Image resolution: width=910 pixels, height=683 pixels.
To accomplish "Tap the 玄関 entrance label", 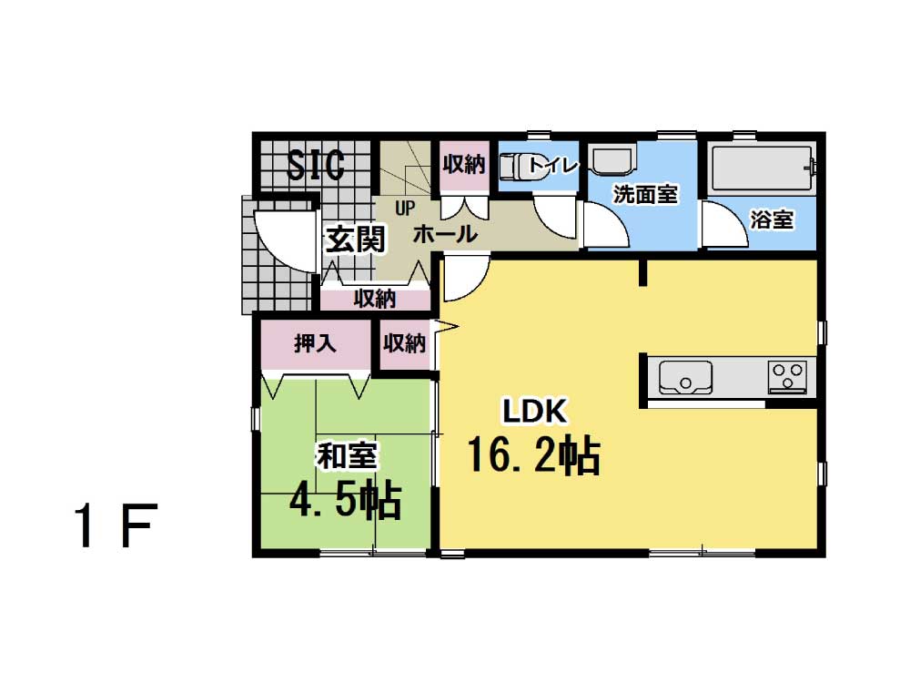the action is click(355, 239).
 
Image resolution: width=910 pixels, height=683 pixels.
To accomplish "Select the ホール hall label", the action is click(445, 234).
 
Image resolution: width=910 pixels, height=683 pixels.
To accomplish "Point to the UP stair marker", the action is click(405, 208).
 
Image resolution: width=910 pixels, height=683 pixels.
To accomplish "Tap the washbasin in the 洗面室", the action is click(612, 159).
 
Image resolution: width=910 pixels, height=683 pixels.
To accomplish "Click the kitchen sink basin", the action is click(685, 377).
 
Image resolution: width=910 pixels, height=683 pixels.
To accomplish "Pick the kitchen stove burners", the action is click(787, 376).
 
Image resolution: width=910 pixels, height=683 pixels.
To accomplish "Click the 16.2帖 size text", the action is click(533, 454).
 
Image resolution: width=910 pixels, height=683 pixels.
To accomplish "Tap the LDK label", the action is click(534, 412).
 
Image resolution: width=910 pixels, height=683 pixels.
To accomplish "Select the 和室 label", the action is click(347, 456).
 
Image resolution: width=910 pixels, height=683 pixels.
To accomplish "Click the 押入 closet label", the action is click(315, 343).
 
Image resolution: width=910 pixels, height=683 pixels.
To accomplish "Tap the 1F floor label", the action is click(116, 525).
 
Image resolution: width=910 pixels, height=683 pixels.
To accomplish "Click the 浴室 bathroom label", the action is click(772, 220).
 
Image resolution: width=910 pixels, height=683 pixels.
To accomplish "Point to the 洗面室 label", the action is click(645, 195).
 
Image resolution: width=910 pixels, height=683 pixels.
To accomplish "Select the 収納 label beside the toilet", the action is click(464, 164).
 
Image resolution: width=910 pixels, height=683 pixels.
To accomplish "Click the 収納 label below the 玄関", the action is click(375, 299).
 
